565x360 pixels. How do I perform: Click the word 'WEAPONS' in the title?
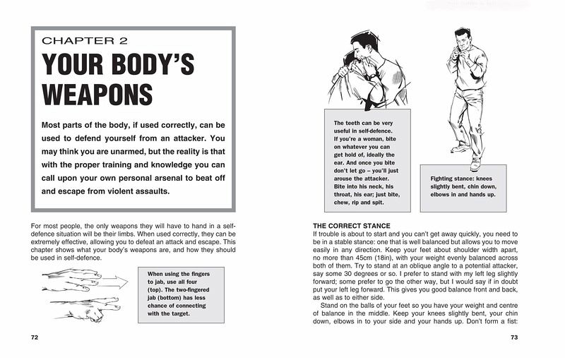click(x=97, y=95)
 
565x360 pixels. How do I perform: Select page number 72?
click(x=35, y=337)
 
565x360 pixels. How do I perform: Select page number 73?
click(x=514, y=337)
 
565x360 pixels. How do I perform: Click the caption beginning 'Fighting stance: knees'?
click(x=463, y=186)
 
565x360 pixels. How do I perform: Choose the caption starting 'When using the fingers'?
click(x=178, y=293)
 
